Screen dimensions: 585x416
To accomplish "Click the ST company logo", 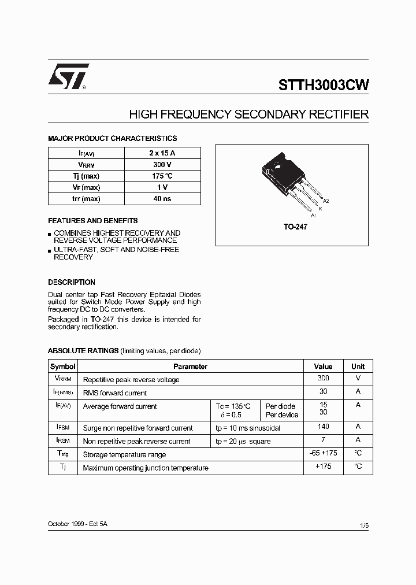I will click(x=68, y=76).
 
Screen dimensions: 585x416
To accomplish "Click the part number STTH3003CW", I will click(x=324, y=86).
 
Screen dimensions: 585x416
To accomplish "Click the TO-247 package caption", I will click(x=295, y=227).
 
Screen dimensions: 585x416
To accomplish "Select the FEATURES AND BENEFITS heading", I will click(x=92, y=221).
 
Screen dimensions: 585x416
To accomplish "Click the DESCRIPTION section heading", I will click(x=72, y=283).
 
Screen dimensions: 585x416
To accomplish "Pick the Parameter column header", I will click(x=190, y=366).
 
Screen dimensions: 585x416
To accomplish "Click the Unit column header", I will click(x=358, y=366).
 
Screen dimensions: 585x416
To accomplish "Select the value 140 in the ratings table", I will click(x=323, y=427).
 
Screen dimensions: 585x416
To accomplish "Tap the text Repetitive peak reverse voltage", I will click(x=131, y=380).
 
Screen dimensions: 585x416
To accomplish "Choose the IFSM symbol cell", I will click(x=62, y=427).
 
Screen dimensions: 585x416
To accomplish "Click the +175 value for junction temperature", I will click(x=323, y=466).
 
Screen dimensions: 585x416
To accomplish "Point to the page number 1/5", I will click(x=363, y=525).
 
